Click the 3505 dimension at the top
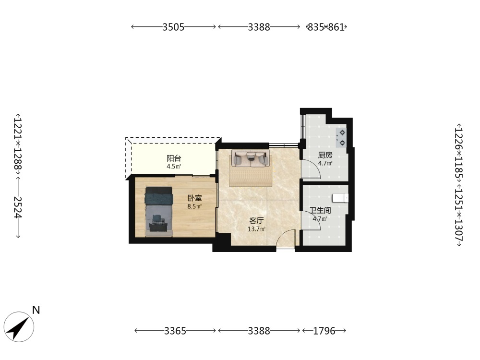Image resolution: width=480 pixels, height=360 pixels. [x=173, y=27]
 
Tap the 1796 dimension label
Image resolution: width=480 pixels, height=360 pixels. [x=324, y=331]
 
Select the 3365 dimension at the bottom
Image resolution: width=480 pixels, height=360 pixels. [x=175, y=331]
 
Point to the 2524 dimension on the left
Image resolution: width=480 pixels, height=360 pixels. [x=18, y=207]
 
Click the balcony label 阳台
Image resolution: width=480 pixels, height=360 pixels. [x=174, y=158]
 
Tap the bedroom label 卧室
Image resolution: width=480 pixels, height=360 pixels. [x=195, y=198]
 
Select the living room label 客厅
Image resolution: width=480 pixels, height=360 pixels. [x=256, y=221]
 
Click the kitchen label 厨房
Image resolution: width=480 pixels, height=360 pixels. [x=325, y=155]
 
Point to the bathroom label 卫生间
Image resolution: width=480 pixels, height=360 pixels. [x=320, y=211]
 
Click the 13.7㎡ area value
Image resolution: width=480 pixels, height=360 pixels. [x=256, y=229]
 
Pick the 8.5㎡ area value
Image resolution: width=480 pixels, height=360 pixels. [x=195, y=206]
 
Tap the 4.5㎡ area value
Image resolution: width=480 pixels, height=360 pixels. [x=174, y=167]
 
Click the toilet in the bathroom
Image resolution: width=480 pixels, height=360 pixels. [x=340, y=198]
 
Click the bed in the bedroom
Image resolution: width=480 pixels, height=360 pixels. [x=159, y=212]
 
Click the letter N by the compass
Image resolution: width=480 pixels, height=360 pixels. [x=36, y=310]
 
